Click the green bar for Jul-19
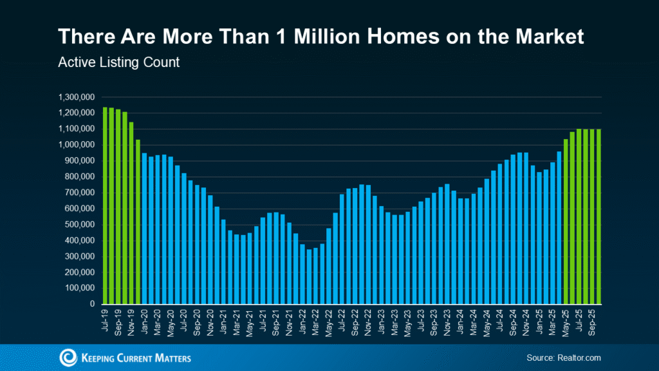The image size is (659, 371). (x=105, y=205)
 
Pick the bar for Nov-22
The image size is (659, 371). (x=368, y=244)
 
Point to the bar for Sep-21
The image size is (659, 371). (x=276, y=258)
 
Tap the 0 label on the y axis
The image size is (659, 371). (x=93, y=304)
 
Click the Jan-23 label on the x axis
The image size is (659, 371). (x=382, y=320)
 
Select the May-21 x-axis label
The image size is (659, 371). (x=250, y=320)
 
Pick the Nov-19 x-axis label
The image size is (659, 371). (x=131, y=320)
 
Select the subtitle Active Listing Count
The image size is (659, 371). (x=118, y=63)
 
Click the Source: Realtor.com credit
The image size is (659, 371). (x=564, y=357)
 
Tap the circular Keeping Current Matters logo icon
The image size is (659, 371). (x=68, y=357)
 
